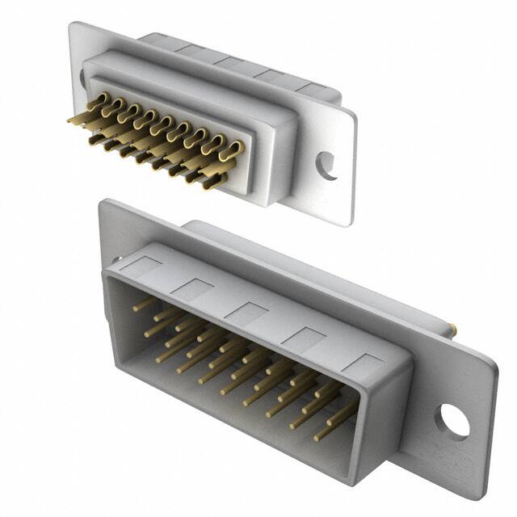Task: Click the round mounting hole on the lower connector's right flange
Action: [x=452, y=422]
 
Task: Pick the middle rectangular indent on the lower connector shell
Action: [x=247, y=313]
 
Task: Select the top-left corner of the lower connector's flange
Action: [x=103, y=201]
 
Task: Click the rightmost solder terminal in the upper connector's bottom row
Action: [x=212, y=183]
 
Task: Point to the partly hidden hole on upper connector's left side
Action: [x=82, y=78]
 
